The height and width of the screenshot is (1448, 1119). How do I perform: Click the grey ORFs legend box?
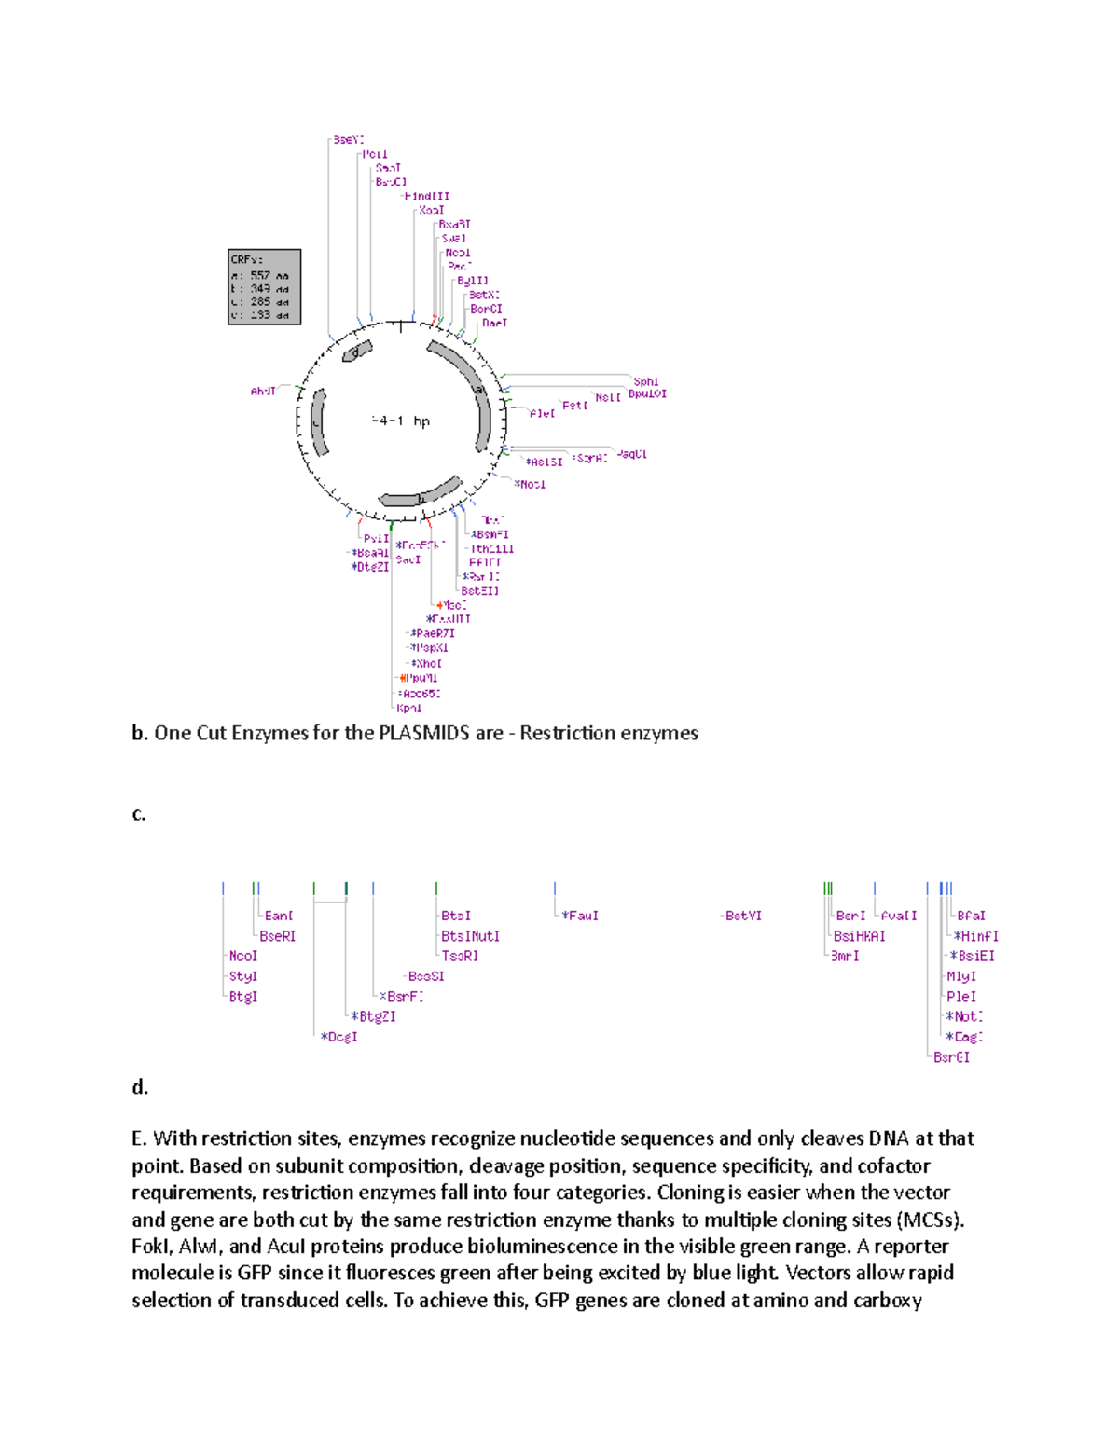point(264,286)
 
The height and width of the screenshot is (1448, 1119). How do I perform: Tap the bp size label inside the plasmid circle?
point(400,421)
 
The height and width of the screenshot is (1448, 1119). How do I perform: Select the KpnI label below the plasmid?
point(409,709)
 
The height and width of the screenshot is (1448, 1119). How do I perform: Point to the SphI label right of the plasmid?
point(645,381)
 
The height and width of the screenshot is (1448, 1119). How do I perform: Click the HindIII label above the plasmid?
point(427,197)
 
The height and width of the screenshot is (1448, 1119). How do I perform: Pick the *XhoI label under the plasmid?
point(427,664)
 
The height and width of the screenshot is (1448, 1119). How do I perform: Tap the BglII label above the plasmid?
point(472,281)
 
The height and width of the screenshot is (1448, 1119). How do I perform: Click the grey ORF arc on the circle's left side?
point(319,422)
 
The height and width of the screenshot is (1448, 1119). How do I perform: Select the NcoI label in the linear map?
point(243,957)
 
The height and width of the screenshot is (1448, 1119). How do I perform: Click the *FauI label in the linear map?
point(580,917)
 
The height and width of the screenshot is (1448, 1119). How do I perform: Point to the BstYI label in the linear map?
point(743,917)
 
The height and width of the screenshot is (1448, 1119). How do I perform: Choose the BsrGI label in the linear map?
point(951,1057)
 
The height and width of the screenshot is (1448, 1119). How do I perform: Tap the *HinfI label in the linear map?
point(975,936)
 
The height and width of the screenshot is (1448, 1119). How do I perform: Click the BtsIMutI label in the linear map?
point(471,936)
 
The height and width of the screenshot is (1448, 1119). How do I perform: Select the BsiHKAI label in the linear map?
point(860,936)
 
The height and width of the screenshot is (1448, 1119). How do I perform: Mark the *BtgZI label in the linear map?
point(373,1017)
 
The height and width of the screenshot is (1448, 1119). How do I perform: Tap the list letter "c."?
point(139,814)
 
